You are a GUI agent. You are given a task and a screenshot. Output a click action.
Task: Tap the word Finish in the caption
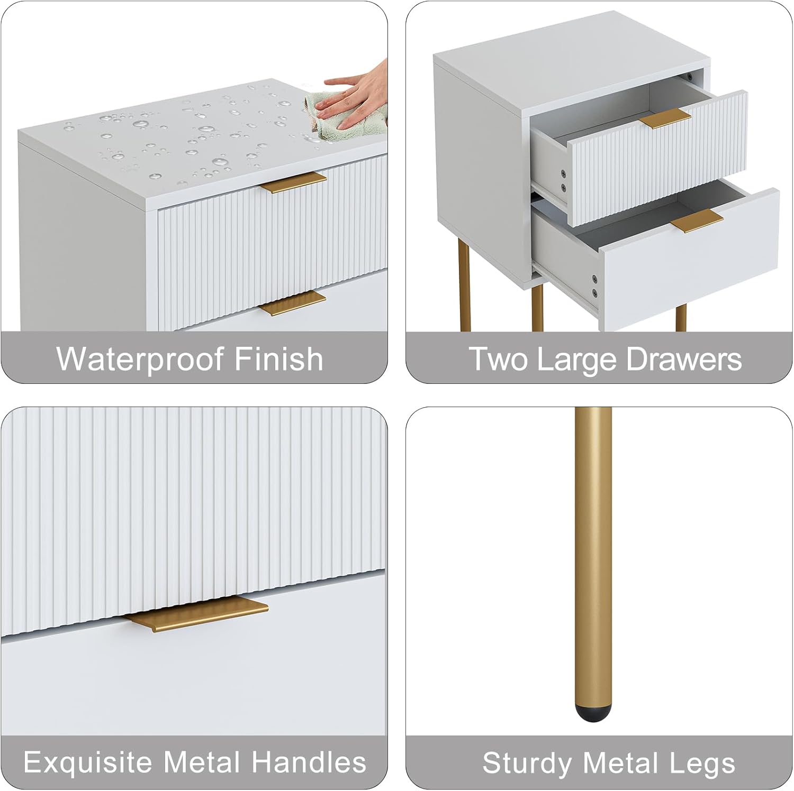279,358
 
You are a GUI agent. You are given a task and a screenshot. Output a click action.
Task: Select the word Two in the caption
499,360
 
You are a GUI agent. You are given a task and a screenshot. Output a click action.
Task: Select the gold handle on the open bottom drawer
697,221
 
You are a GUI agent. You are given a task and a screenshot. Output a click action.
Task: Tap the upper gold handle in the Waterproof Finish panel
293,182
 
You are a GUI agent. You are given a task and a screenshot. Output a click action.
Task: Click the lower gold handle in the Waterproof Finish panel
293,303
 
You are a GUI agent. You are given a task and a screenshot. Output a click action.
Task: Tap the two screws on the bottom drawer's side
594,286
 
